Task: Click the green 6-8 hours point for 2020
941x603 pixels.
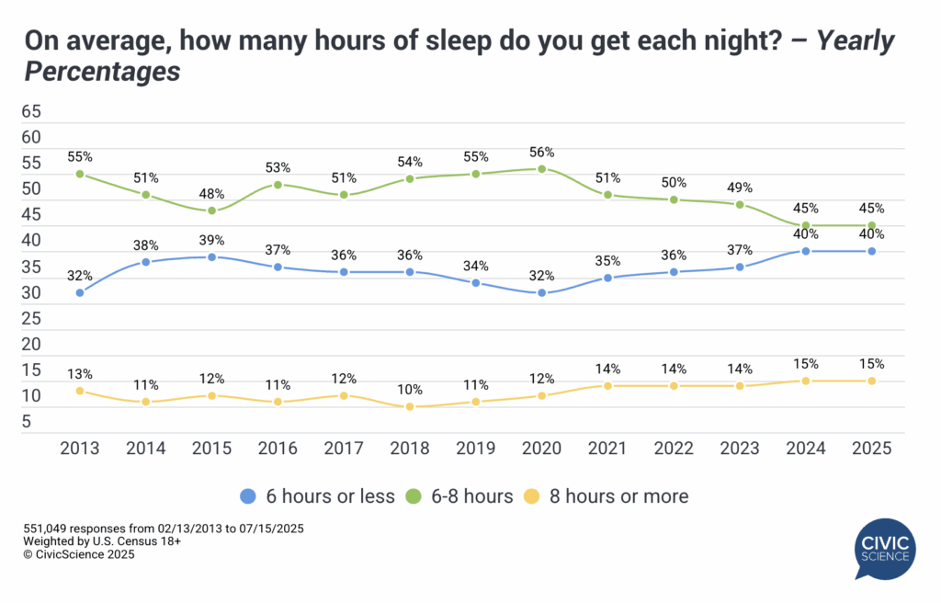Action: (542, 169)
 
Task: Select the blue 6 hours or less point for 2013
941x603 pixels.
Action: (80, 293)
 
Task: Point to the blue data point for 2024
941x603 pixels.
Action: (806, 251)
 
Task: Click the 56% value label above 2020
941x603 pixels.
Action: (542, 153)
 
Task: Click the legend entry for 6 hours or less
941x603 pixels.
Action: (317, 496)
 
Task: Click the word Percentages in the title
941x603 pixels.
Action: (101, 73)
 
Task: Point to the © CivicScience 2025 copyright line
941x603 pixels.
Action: (79, 554)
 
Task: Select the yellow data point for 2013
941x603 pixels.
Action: (80, 391)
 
